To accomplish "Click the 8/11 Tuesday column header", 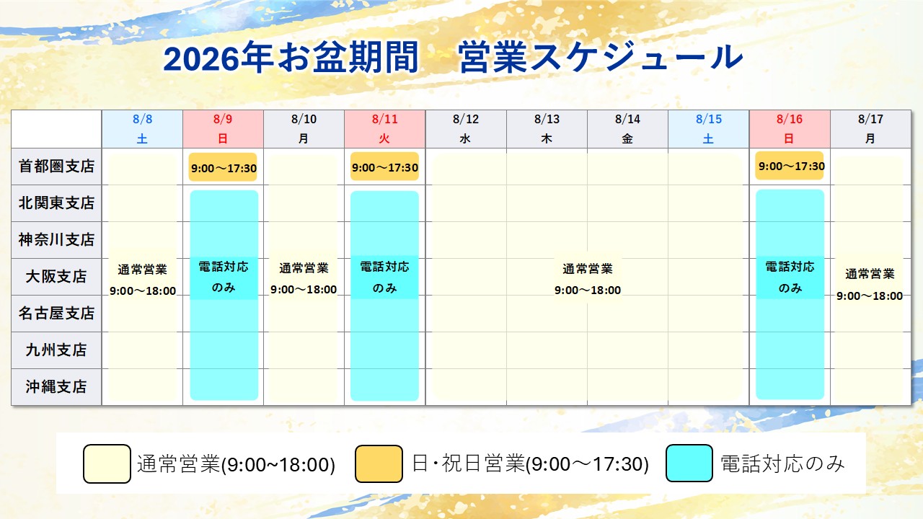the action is point(385,129).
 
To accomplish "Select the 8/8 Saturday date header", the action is point(143,129).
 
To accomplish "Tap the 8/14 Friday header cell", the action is point(627,129).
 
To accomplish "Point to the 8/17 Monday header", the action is point(870,129).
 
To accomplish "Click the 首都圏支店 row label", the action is point(56,167).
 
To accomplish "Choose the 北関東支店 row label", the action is point(56,203).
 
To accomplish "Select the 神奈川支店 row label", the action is point(56,240).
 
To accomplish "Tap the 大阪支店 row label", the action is point(56,276).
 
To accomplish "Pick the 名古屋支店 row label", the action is point(56,313).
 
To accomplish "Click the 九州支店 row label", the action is point(56,350).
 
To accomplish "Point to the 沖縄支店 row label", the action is point(56,387).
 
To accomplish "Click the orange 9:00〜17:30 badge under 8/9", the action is point(223,167).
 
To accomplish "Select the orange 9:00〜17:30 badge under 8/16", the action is point(790,166).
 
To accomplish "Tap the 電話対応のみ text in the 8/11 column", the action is point(384,278).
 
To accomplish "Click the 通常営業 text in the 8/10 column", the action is point(304,269).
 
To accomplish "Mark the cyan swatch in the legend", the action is point(689,463).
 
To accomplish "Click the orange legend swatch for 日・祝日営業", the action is point(379,463).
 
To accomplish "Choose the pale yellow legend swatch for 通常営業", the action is point(107,463).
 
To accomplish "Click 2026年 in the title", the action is point(218,58).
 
